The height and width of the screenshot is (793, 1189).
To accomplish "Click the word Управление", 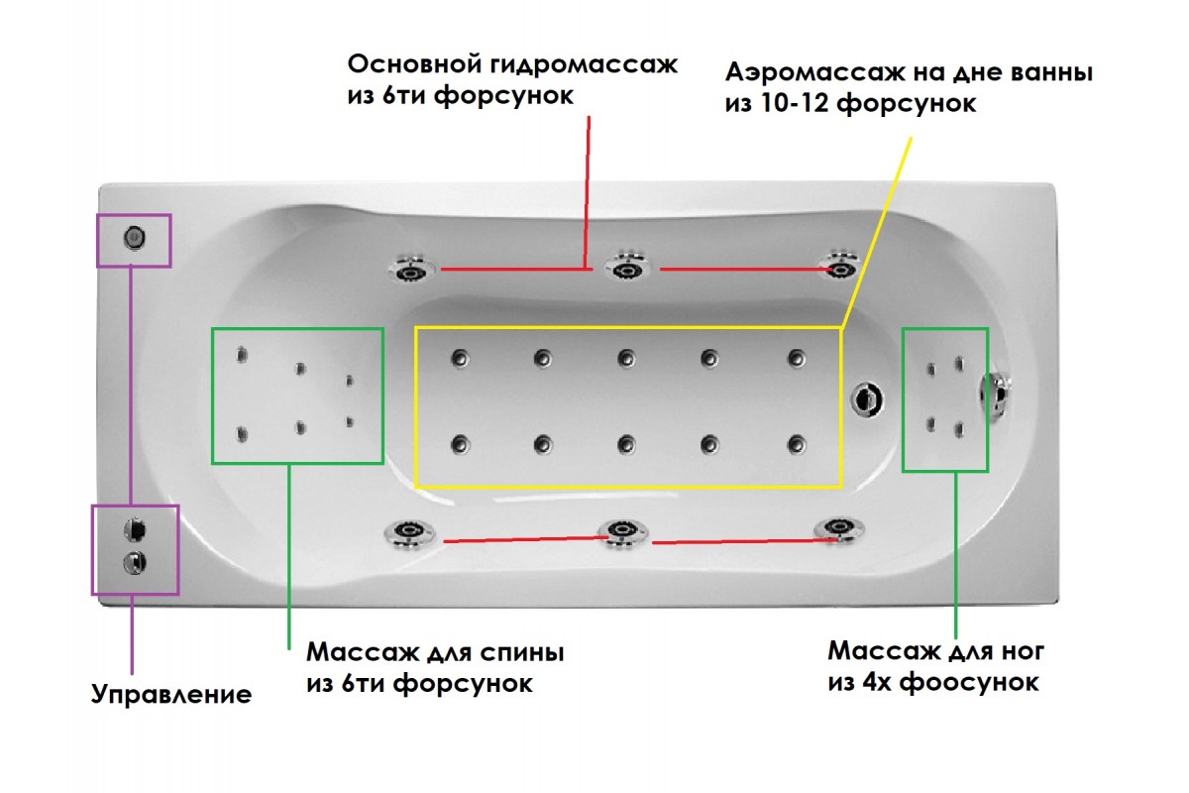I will click(x=171, y=693).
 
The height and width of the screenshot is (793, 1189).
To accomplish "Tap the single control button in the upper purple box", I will click(x=134, y=238).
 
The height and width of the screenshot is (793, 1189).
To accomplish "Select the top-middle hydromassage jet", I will click(x=624, y=270).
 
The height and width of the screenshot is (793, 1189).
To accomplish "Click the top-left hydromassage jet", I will click(x=410, y=269).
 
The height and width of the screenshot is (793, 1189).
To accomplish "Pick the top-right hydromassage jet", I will click(x=840, y=267).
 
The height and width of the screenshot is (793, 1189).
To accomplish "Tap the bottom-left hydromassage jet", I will click(x=408, y=533).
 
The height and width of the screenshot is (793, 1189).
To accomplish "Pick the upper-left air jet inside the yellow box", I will click(x=460, y=359).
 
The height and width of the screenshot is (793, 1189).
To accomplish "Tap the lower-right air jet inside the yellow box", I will click(x=796, y=444).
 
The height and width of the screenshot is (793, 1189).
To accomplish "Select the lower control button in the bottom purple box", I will click(x=133, y=562).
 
